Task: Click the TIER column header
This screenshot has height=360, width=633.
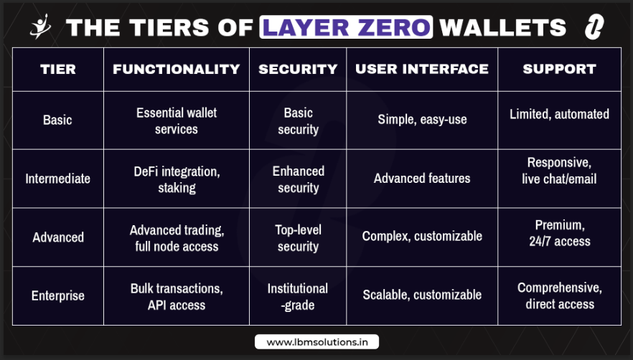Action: (57, 69)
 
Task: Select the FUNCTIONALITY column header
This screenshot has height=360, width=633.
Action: (177, 69)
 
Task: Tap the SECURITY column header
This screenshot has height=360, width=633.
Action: (298, 69)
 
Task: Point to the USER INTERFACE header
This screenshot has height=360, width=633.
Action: (422, 69)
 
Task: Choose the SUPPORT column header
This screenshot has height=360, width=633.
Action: (560, 69)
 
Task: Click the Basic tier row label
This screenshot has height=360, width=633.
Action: (57, 120)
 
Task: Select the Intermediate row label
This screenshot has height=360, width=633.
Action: (57, 179)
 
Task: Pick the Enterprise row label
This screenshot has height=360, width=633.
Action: (57, 295)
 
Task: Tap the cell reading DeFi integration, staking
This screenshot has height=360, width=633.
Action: (177, 179)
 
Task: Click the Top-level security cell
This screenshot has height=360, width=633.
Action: (298, 237)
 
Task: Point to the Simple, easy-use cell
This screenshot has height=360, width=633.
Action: (422, 120)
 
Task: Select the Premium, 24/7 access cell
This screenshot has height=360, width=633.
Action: (560, 233)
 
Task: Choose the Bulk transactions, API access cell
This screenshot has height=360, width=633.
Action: (177, 296)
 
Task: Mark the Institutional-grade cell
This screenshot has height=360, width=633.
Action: (298, 296)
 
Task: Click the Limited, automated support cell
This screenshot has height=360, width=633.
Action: (560, 114)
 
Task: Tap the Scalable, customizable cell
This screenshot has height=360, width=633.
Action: (422, 295)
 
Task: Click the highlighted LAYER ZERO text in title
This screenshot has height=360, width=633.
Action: (346, 27)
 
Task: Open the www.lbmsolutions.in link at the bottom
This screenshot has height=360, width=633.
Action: (317, 342)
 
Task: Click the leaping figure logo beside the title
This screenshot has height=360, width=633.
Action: (41, 27)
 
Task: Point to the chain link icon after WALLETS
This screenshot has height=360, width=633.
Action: (594, 27)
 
